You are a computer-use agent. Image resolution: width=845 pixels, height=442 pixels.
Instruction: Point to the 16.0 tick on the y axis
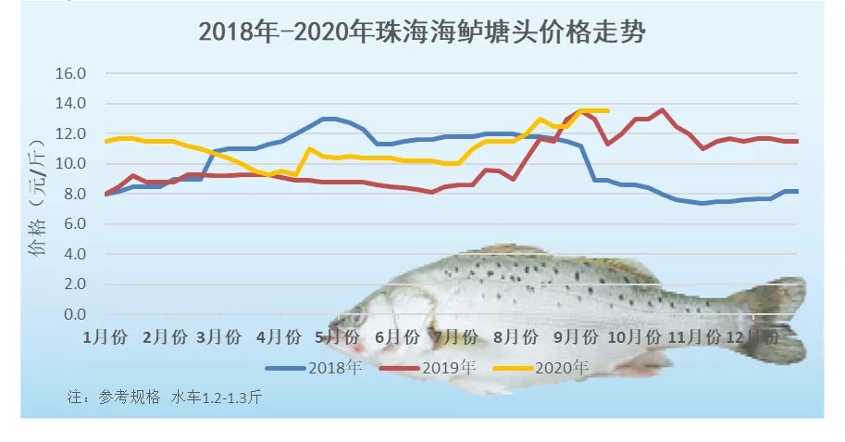click(71, 73)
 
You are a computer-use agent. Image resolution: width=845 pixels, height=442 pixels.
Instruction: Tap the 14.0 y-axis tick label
click(71, 104)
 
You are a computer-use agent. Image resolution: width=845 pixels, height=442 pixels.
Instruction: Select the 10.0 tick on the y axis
click(71, 164)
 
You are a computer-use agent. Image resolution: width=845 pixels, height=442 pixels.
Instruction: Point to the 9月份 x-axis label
click(583, 336)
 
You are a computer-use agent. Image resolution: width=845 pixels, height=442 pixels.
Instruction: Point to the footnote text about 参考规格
click(165, 398)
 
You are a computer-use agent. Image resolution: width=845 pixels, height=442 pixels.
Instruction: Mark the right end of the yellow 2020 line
click(608, 110)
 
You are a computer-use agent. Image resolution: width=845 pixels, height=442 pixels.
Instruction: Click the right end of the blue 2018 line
click(798, 191)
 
